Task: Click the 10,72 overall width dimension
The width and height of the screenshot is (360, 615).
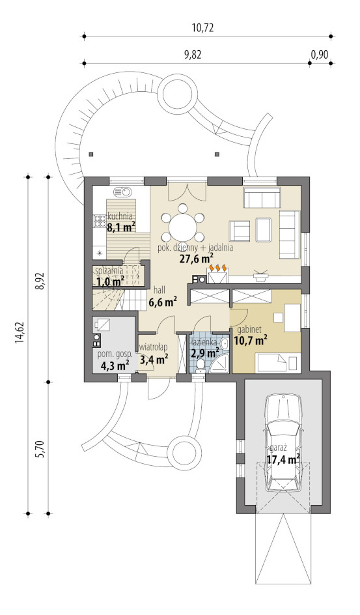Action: coord(202,28)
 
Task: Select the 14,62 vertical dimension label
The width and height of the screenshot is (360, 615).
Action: coord(20,333)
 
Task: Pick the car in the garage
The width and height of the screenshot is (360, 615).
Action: coord(283,444)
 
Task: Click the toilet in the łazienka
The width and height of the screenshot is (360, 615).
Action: coord(200,364)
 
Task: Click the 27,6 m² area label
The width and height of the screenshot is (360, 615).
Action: coord(196,258)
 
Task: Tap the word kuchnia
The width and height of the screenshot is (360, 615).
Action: coord(120,216)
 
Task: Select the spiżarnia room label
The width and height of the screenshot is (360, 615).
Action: coord(109,270)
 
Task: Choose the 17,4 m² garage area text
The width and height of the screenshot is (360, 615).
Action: coord(283,459)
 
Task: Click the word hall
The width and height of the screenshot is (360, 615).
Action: coord(159,290)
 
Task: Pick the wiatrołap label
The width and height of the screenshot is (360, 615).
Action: coord(154,347)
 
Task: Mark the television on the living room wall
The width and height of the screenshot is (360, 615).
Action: coord(260,274)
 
